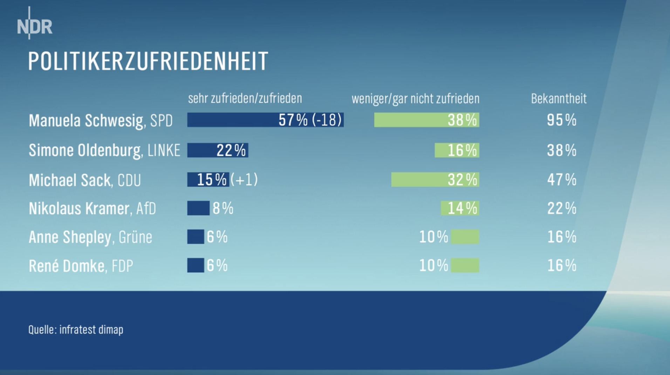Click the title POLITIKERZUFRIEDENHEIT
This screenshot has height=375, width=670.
[x=148, y=61]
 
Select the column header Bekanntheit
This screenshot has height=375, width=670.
[x=559, y=99]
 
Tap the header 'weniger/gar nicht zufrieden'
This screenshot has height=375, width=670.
[x=416, y=99]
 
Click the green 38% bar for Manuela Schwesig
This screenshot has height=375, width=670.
[x=426, y=120]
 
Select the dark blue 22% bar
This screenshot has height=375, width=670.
[x=218, y=150]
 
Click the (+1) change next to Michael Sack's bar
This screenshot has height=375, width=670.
[x=244, y=179]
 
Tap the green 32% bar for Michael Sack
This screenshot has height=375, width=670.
[x=435, y=179]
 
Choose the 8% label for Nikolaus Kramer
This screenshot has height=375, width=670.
[x=223, y=208]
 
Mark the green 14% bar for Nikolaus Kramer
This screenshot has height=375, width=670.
[x=460, y=208]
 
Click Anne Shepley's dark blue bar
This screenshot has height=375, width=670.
[x=196, y=237]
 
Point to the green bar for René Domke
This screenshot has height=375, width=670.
[x=465, y=266]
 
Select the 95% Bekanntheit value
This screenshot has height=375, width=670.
[x=561, y=120]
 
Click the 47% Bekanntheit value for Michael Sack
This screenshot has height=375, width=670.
[x=561, y=179]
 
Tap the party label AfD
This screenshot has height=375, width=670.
[x=146, y=209]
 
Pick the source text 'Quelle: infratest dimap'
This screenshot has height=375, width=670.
[x=76, y=330]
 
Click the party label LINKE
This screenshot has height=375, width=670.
[x=164, y=150]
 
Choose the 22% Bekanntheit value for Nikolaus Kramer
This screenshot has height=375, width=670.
[x=561, y=208]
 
